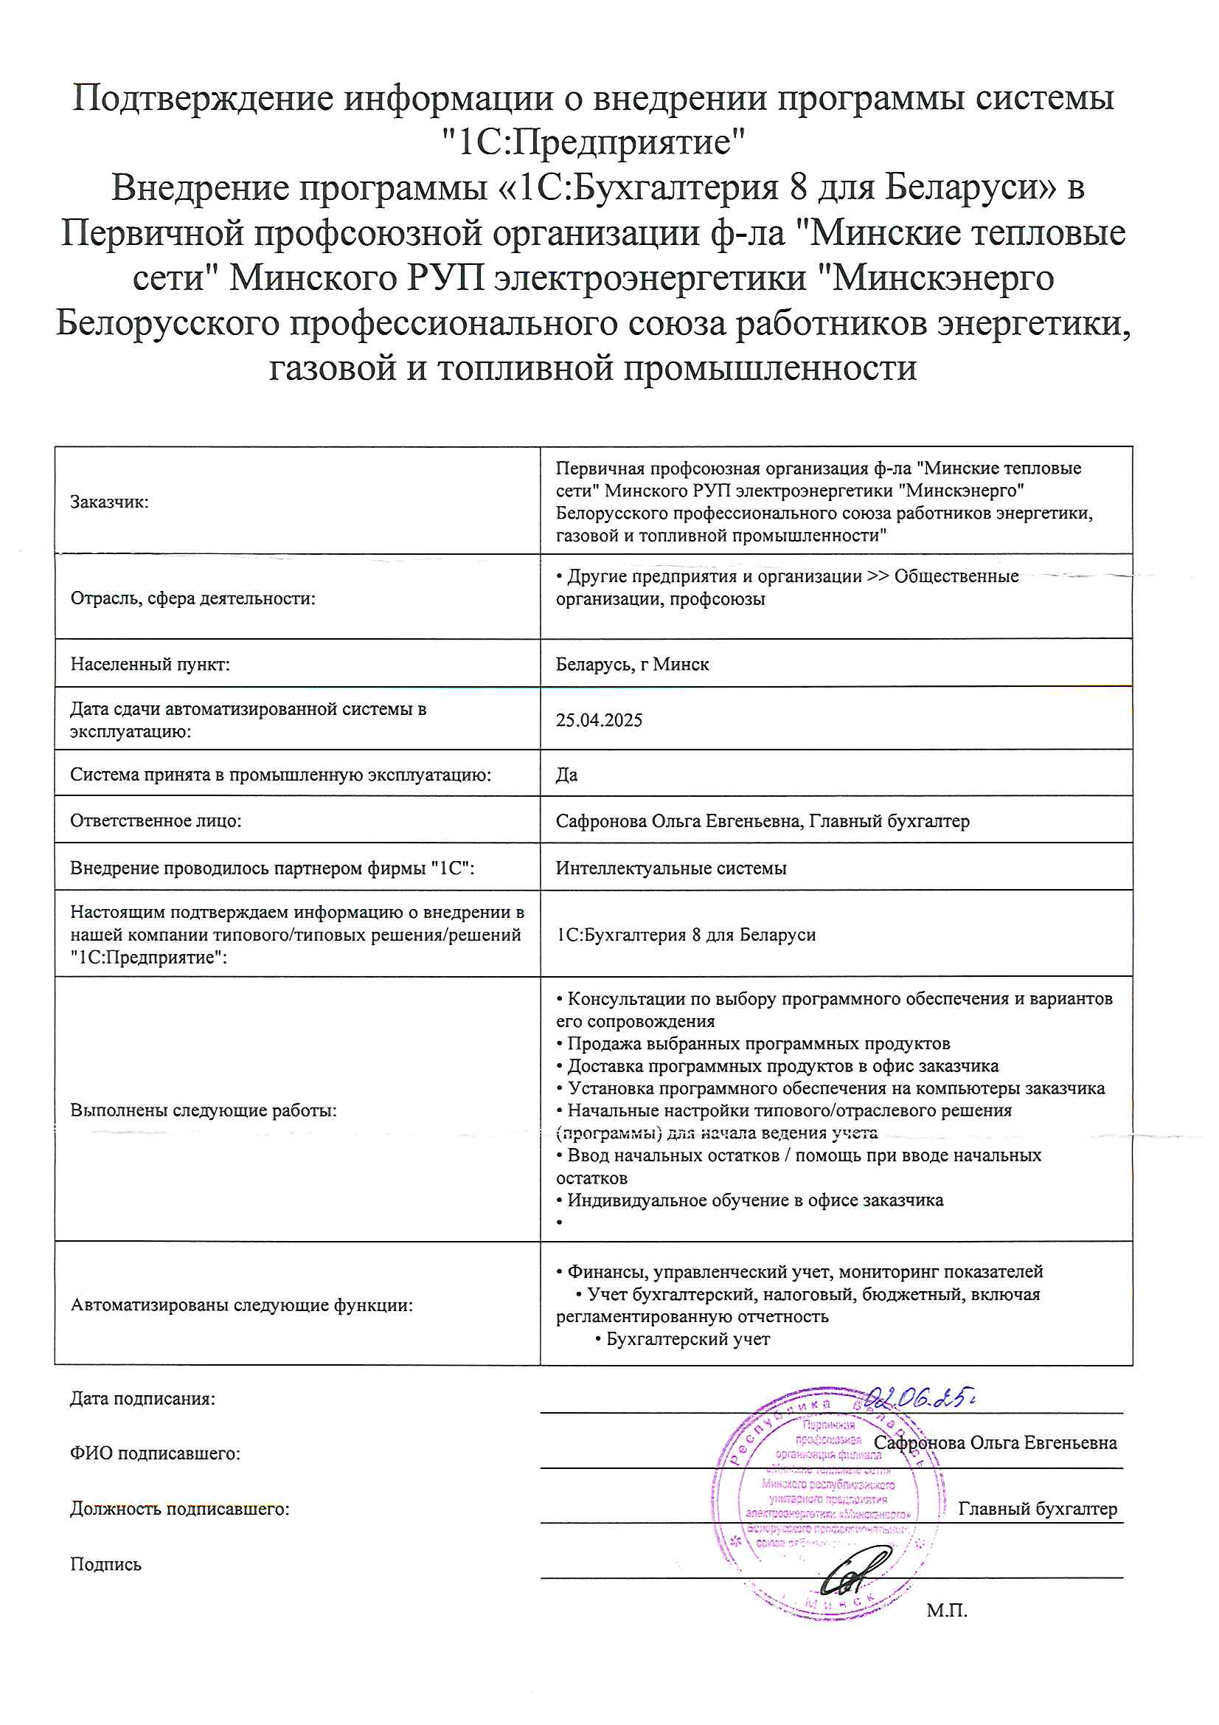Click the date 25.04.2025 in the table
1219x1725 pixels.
point(599,720)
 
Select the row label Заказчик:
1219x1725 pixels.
point(110,502)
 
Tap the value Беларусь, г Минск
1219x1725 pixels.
point(632,664)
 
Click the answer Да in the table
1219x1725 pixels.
point(566,775)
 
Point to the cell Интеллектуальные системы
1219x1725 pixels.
point(671,868)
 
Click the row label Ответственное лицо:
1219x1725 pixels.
point(156,820)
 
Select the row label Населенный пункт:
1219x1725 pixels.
point(150,664)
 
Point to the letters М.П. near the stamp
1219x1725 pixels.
point(946,1610)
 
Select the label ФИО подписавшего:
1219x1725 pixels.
point(156,1453)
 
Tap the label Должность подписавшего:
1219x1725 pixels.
point(179,1509)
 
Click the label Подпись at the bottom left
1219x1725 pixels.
point(106,1564)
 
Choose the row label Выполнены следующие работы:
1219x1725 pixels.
point(204,1110)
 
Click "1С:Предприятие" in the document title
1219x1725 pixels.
point(593,142)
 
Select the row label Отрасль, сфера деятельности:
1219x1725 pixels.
point(193,598)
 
